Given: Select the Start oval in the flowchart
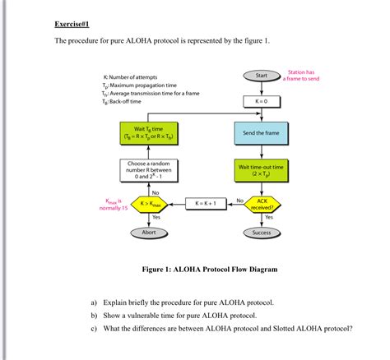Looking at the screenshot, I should click(x=262, y=76).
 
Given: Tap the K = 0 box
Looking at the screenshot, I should click(x=262, y=102).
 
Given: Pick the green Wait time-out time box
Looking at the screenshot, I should click(x=262, y=170).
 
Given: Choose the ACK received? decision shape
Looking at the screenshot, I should click(x=262, y=203).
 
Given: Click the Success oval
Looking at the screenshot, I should click(x=262, y=233).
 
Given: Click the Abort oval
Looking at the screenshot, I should click(x=149, y=233).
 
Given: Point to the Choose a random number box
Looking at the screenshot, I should click(x=149, y=170).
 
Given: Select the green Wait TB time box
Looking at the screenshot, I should click(x=149, y=134).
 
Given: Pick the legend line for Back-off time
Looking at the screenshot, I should click(x=123, y=102).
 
